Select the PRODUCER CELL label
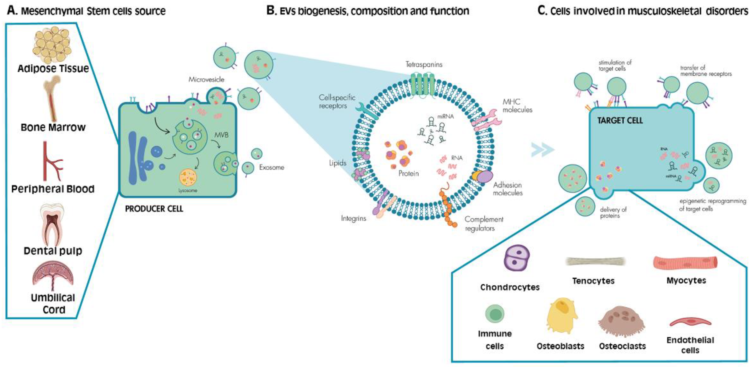pos(154,209)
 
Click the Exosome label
pos(272,167)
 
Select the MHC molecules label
pos(517,106)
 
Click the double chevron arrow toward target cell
pos(543,150)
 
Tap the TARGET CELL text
pos(620,121)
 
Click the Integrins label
pos(353,218)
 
